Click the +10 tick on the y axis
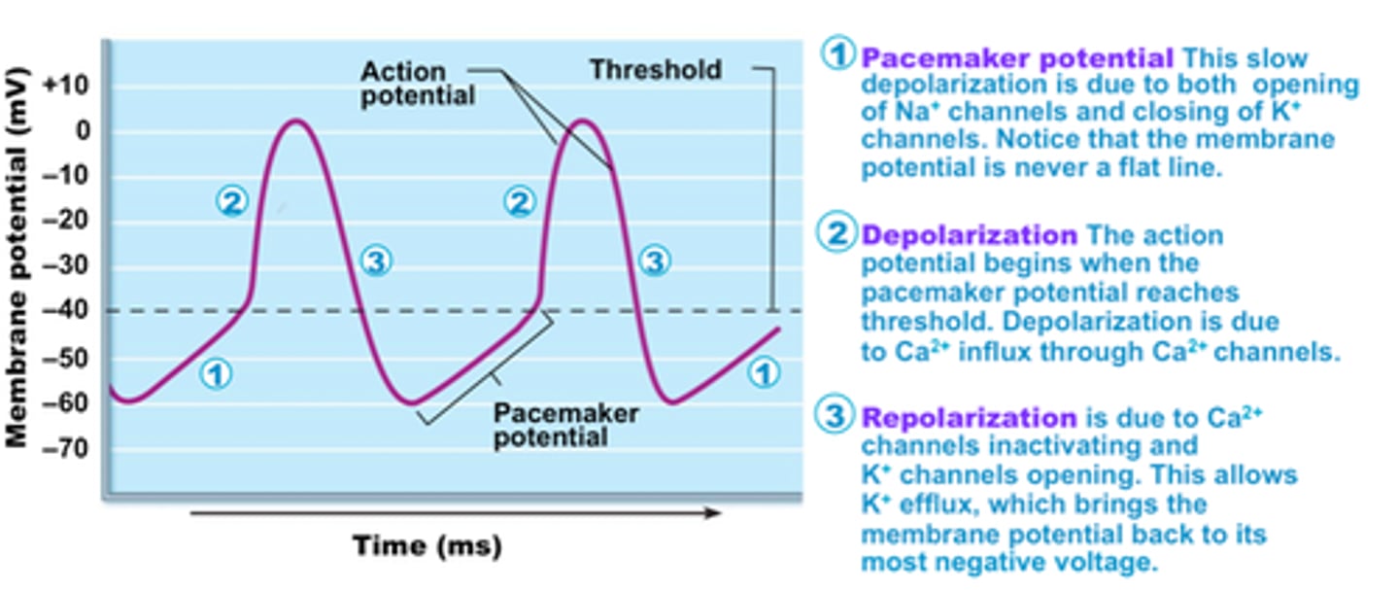pyautogui.click(x=64, y=86)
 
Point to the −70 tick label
pyautogui.click(x=64, y=449)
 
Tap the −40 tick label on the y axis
pyautogui.click(x=64, y=312)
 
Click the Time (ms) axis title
pyautogui.click(x=427, y=545)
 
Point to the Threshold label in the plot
pyautogui.click(x=656, y=70)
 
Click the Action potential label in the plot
pyautogui.click(x=417, y=84)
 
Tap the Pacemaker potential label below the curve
pyautogui.click(x=565, y=425)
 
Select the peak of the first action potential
pyautogui.click(x=296, y=121)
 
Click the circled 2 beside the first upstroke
pyautogui.click(x=231, y=202)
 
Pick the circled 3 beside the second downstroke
pyautogui.click(x=656, y=260)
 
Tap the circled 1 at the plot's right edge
pyautogui.click(x=767, y=372)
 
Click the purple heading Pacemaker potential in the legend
pyautogui.click(x=1017, y=58)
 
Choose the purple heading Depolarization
pyautogui.click(x=969, y=236)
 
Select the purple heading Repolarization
pyautogui.click(x=969, y=419)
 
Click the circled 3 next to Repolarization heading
pyautogui.click(x=836, y=418)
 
